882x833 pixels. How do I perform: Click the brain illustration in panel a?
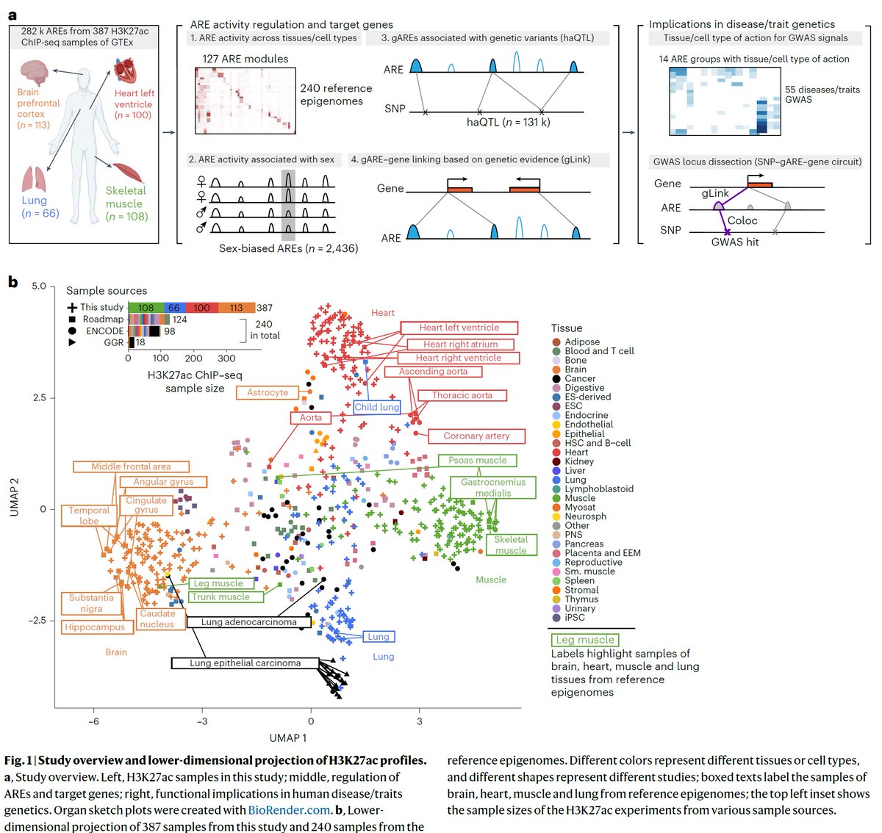pos(34,73)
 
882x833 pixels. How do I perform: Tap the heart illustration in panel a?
pos(124,73)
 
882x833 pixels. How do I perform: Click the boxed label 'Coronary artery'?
pos(476,436)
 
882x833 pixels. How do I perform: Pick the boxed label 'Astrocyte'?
pos(268,392)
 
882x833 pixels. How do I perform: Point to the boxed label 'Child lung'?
pos(377,407)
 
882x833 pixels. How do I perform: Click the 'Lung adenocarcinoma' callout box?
pos(248,622)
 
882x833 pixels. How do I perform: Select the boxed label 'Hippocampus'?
pos(95,627)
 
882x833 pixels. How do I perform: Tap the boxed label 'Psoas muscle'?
pos(478,461)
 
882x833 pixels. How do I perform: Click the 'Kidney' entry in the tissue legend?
pos(579,461)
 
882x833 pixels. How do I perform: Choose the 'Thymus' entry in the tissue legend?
pos(581,599)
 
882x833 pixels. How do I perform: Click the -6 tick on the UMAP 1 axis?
pos(94,721)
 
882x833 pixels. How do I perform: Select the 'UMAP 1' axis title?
pos(288,738)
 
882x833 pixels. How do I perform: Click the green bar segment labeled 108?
pos(146,308)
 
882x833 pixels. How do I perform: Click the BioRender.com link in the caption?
pos(289,809)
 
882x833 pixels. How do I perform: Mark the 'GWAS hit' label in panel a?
pos(734,242)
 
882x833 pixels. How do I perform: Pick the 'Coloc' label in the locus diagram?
pos(742,220)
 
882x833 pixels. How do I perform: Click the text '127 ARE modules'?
pos(245,59)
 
